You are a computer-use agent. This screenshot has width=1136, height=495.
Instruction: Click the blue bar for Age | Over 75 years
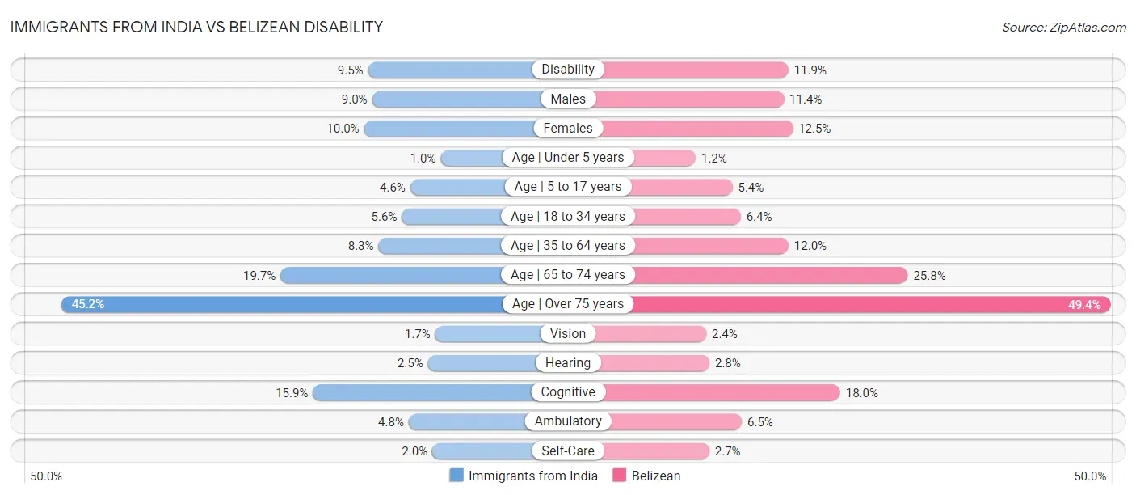pos(283,304)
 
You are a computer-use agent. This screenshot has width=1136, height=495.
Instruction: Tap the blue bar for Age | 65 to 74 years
pos(391,275)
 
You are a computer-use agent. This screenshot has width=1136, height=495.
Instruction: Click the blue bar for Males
pos(456,99)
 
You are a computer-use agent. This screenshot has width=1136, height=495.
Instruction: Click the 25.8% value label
pos(929,275)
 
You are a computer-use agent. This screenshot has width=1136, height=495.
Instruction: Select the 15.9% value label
pos(292,392)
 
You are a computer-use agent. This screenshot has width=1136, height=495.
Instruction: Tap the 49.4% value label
pos(1084,305)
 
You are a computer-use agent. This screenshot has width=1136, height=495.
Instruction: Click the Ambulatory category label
pos(568,421)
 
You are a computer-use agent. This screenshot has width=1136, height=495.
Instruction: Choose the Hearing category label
pos(568,363)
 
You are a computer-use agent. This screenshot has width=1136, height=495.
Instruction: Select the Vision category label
pos(568,333)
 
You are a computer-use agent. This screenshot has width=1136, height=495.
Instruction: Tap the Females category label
pos(568,128)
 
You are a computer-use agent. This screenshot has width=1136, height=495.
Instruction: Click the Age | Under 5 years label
pos(568,158)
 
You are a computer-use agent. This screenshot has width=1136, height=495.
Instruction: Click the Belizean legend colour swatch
pos(621,476)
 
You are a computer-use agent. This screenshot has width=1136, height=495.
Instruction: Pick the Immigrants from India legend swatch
pos(457,476)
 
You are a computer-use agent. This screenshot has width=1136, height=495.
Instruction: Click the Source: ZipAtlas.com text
pos(1063,27)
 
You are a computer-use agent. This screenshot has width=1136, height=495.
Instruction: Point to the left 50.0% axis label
pos(46,476)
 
